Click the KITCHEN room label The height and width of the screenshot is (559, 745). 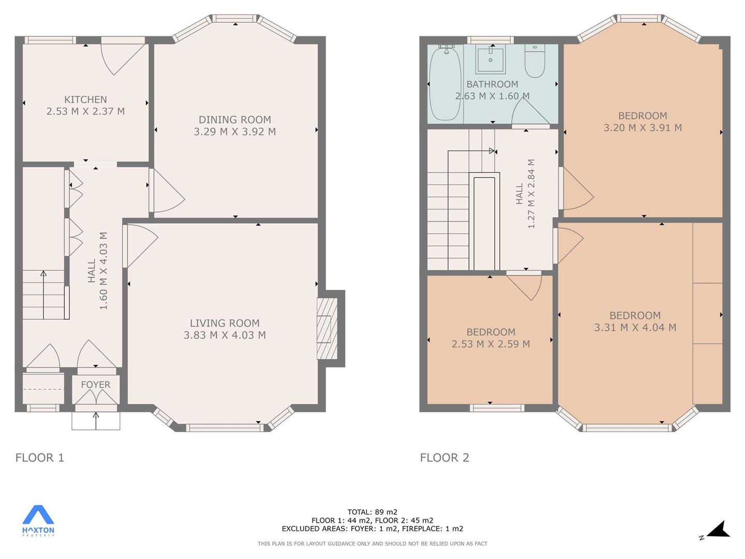coord(85,99)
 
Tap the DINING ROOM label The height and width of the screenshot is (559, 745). coord(235,120)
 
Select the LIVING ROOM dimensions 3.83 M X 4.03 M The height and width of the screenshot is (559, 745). coord(225,335)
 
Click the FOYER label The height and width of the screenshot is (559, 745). coord(96,385)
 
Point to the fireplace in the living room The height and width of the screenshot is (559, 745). coord(327,329)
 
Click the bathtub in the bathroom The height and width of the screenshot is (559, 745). coord(445,83)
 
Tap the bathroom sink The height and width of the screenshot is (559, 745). coord(490,59)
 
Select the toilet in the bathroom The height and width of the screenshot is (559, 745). coord(535,61)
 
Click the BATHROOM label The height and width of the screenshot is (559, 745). coord(492,84)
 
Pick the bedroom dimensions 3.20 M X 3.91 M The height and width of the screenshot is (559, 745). coord(643,128)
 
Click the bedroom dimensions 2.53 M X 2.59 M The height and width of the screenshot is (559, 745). coord(491,344)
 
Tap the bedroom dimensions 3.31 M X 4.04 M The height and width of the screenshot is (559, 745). coord(635,327)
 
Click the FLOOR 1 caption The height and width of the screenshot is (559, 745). coord(40,458)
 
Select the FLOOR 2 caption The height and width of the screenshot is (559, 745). coord(444,458)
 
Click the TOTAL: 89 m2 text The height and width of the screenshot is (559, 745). coord(373,512)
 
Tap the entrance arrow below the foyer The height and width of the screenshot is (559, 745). coord(96,420)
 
